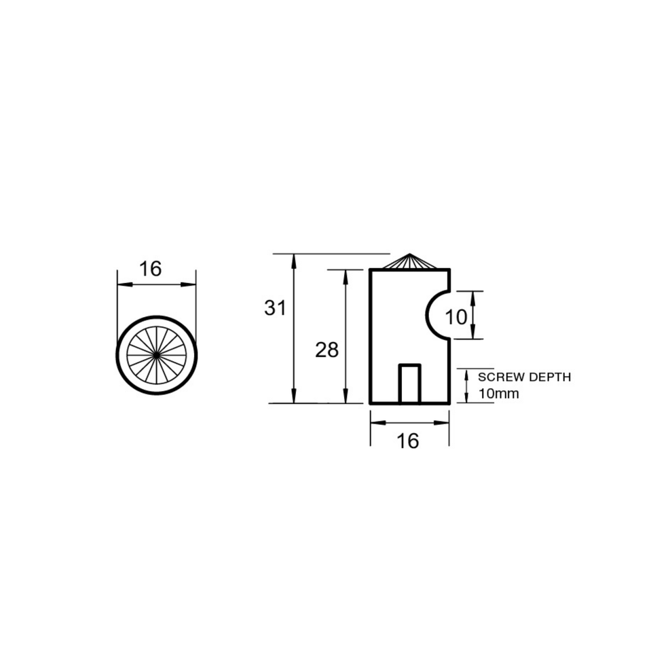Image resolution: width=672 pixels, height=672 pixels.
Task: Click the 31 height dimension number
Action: click(275, 307)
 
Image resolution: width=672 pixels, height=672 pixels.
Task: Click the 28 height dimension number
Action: click(326, 350)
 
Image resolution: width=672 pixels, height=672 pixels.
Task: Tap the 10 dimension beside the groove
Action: click(456, 317)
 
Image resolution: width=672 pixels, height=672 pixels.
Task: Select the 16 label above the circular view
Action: click(151, 269)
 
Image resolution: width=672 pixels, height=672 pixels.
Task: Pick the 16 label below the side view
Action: click(407, 441)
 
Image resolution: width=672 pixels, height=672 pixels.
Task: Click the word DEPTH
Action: click(550, 377)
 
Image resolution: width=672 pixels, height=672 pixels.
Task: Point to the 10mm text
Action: click(498, 394)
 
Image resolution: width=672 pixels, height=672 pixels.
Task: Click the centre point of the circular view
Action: click(157, 355)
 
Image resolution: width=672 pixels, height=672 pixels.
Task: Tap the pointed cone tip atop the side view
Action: click(410, 254)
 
